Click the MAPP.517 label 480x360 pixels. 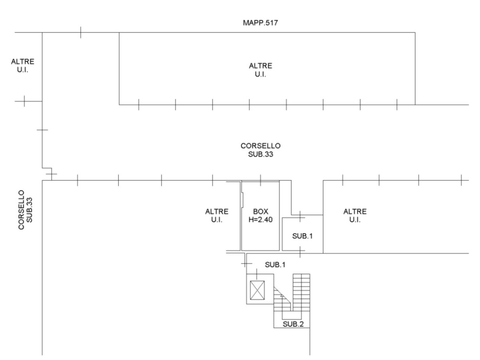click(260, 23)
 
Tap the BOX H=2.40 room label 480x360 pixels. click(260, 215)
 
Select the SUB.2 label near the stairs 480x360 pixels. click(293, 324)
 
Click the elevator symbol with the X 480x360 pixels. click(257, 290)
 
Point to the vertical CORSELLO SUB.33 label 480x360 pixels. click(25, 210)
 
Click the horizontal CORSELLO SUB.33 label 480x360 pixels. click(260, 150)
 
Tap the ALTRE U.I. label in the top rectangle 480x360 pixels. click(260, 70)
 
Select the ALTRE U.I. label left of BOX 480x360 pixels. click(217, 216)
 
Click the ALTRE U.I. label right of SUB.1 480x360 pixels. click(355, 216)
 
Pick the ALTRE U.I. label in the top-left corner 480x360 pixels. click(23, 66)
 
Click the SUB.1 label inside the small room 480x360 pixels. click(302, 236)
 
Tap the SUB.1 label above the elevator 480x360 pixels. click(275, 265)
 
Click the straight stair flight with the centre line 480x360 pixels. click(301, 292)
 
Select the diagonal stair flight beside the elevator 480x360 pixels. click(282, 299)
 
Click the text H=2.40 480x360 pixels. click(260, 219)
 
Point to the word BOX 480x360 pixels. click(260, 211)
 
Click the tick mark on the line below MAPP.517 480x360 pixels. click(81, 32)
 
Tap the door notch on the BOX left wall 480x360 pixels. click(242, 200)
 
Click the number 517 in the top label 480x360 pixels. click(271, 23)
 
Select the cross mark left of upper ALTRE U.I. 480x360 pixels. click(24, 101)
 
